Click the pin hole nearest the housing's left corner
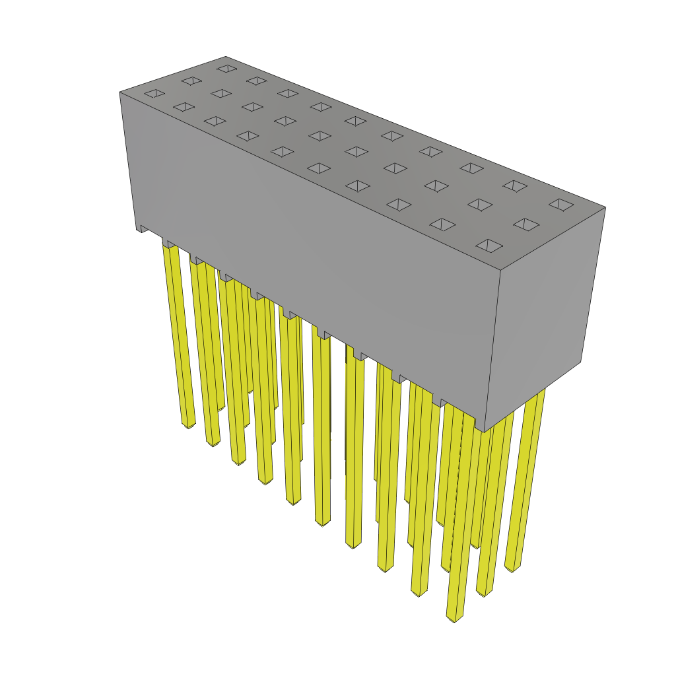(154, 93)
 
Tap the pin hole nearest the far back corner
(227, 68)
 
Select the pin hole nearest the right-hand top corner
(561, 205)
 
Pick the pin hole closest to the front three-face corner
(489, 246)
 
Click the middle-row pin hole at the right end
(526, 224)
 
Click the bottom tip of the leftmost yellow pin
(188, 424)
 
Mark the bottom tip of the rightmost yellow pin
(512, 568)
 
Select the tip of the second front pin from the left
(213, 442)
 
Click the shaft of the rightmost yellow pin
(528, 475)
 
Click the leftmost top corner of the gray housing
(120, 92)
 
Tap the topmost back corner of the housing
(224, 57)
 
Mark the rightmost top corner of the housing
(605, 207)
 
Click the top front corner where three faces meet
(500, 270)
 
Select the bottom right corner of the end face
(581, 362)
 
